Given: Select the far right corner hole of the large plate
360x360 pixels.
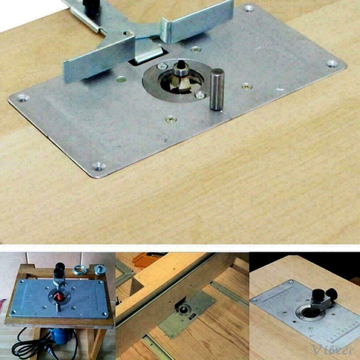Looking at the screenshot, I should coord(332,63).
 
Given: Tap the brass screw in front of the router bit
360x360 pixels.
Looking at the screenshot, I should coord(170,119).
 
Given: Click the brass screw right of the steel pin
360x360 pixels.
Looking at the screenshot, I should coord(246,86).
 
